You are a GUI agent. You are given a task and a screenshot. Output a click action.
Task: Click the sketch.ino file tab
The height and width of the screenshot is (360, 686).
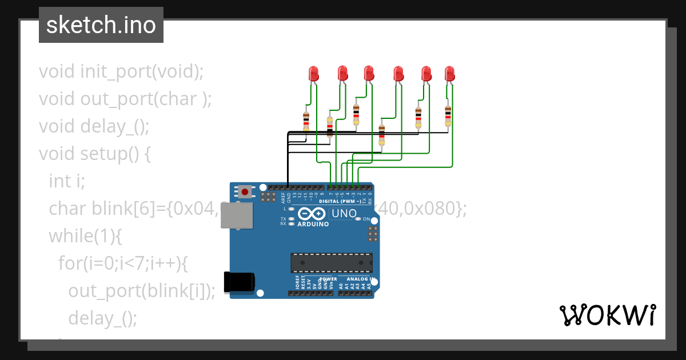pyautogui.click(x=101, y=25)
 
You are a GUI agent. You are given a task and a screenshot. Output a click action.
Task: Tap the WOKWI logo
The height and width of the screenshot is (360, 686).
pyautogui.click(x=607, y=315)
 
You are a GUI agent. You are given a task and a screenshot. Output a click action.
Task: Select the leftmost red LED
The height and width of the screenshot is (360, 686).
pyautogui.click(x=313, y=73)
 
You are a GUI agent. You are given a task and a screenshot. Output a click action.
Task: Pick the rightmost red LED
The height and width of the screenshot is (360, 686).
pyautogui.click(x=450, y=73)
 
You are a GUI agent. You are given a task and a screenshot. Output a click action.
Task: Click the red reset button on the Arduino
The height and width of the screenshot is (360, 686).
pyautogui.click(x=245, y=191)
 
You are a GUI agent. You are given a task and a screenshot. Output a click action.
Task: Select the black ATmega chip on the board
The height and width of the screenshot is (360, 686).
pyautogui.click(x=332, y=262)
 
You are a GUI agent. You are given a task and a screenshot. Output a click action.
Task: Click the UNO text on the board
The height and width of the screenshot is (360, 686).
pyautogui.click(x=344, y=214)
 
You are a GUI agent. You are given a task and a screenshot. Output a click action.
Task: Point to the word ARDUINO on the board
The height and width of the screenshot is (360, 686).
pyautogui.click(x=313, y=225)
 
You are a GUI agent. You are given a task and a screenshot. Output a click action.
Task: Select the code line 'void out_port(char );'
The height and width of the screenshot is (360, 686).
pyautogui.click(x=125, y=99)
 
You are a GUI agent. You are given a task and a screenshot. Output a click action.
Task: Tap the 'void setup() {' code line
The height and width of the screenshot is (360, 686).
pyautogui.click(x=95, y=154)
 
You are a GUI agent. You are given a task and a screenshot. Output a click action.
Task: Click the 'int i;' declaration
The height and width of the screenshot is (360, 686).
pyautogui.click(x=67, y=181)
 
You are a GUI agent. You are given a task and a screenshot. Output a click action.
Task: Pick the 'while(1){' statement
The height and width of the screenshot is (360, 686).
pyautogui.click(x=86, y=236)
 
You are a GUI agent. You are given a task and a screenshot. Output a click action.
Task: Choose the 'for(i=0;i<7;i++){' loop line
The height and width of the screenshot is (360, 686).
pyautogui.click(x=123, y=263)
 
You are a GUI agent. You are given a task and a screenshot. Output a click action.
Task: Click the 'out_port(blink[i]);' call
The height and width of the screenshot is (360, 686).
pyautogui.click(x=142, y=291)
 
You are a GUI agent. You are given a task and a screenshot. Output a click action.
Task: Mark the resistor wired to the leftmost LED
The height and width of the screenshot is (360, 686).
pyautogui.click(x=306, y=121)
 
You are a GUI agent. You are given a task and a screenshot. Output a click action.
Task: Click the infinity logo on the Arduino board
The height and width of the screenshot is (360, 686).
pyautogui.click(x=312, y=214)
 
